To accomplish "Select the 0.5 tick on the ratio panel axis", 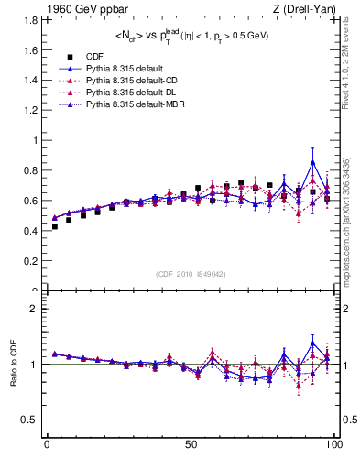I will [x=30, y=420].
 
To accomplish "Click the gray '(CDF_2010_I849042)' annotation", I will [x=191, y=274].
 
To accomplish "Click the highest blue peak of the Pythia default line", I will [x=313, y=162].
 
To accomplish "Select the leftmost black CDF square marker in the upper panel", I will [x=55, y=226].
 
